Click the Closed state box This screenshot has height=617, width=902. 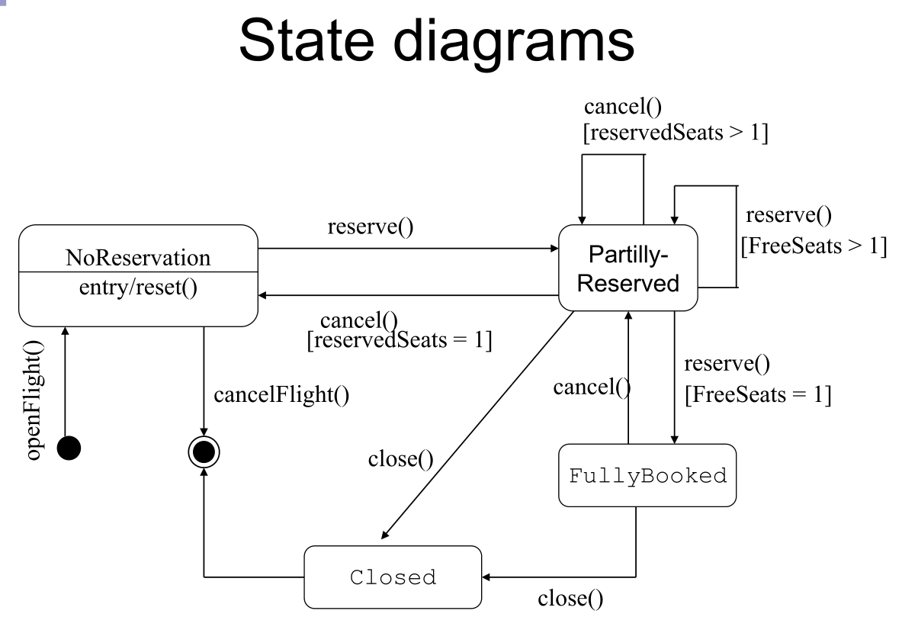click(393, 577)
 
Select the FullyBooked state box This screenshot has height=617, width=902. click(647, 476)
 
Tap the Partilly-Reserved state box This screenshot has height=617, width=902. click(628, 268)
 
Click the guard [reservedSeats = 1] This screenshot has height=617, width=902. click(397, 340)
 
